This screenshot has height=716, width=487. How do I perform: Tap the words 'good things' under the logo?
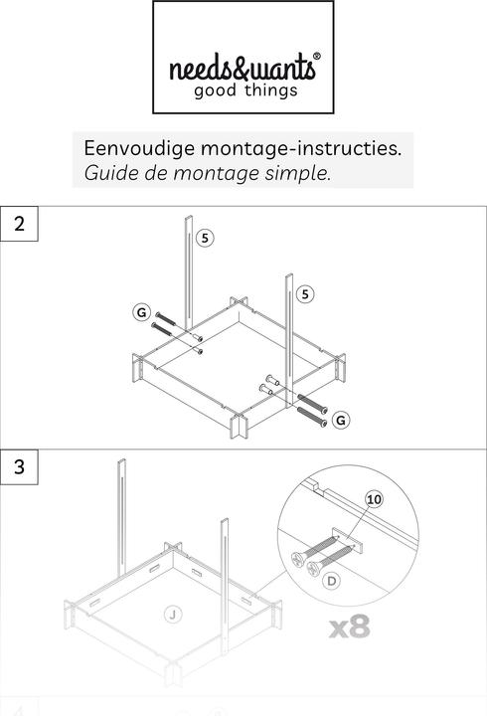(245, 90)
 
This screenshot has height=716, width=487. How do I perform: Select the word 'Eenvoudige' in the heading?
(139, 149)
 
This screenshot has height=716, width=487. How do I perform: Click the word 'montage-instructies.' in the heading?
(301, 148)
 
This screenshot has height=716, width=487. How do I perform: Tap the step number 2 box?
(19, 224)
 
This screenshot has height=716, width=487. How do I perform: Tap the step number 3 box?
(19, 466)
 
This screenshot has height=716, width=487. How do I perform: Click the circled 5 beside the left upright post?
(205, 238)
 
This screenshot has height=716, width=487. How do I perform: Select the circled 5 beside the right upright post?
(305, 294)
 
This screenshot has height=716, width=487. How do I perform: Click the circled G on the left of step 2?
(141, 312)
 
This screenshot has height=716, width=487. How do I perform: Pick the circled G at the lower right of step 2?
(341, 420)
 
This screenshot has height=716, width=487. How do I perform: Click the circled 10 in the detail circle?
(374, 499)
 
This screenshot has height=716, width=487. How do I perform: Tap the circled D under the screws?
(331, 581)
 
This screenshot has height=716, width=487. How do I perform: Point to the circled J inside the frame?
(173, 615)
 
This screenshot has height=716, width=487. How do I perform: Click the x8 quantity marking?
(350, 626)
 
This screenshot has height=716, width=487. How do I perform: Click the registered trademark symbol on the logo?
(317, 56)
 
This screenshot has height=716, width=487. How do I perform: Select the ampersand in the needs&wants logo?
(240, 68)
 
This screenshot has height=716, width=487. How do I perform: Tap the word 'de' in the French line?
(156, 173)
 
